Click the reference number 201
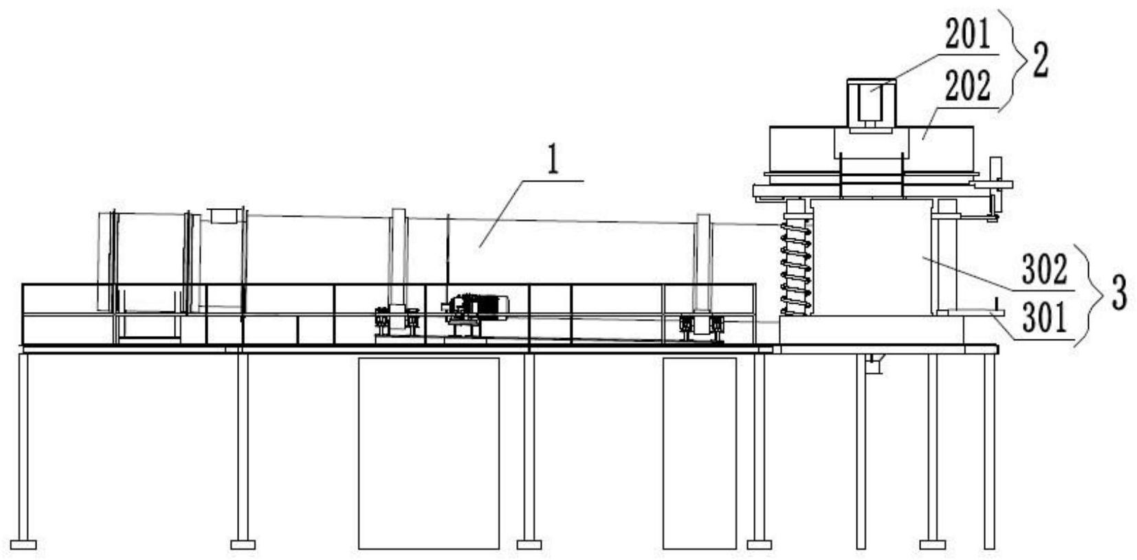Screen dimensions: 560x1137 967,36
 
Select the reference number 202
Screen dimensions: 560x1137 967,87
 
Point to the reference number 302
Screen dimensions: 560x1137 1044,269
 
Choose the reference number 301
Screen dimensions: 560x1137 1044,317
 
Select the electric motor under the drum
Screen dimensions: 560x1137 478,307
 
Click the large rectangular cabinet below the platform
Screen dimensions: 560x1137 428,452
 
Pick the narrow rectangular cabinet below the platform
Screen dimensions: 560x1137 699,452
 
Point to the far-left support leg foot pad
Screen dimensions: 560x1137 23,544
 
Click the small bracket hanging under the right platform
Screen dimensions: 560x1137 873,363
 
